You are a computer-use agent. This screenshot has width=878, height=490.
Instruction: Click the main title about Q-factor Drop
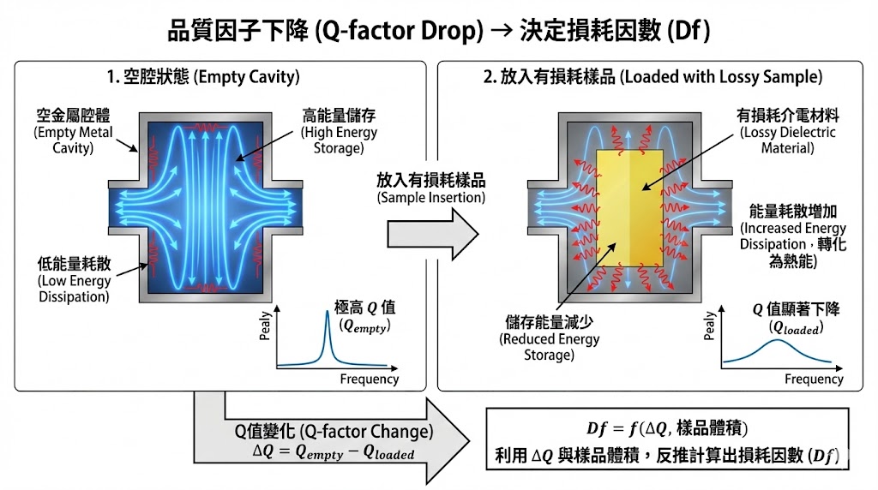click(x=439, y=31)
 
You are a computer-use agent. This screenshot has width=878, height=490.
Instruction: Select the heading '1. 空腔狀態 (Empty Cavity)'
click(x=203, y=77)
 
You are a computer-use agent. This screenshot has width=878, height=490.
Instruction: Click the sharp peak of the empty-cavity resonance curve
click(x=327, y=314)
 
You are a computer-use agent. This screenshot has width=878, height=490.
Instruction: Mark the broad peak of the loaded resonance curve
click(x=776, y=340)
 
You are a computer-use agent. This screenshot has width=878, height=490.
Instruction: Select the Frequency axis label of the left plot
click(x=370, y=379)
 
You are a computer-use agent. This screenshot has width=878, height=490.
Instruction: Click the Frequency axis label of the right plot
click(x=814, y=379)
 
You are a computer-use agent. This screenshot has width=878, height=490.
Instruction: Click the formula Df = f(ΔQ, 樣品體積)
click(x=666, y=428)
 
